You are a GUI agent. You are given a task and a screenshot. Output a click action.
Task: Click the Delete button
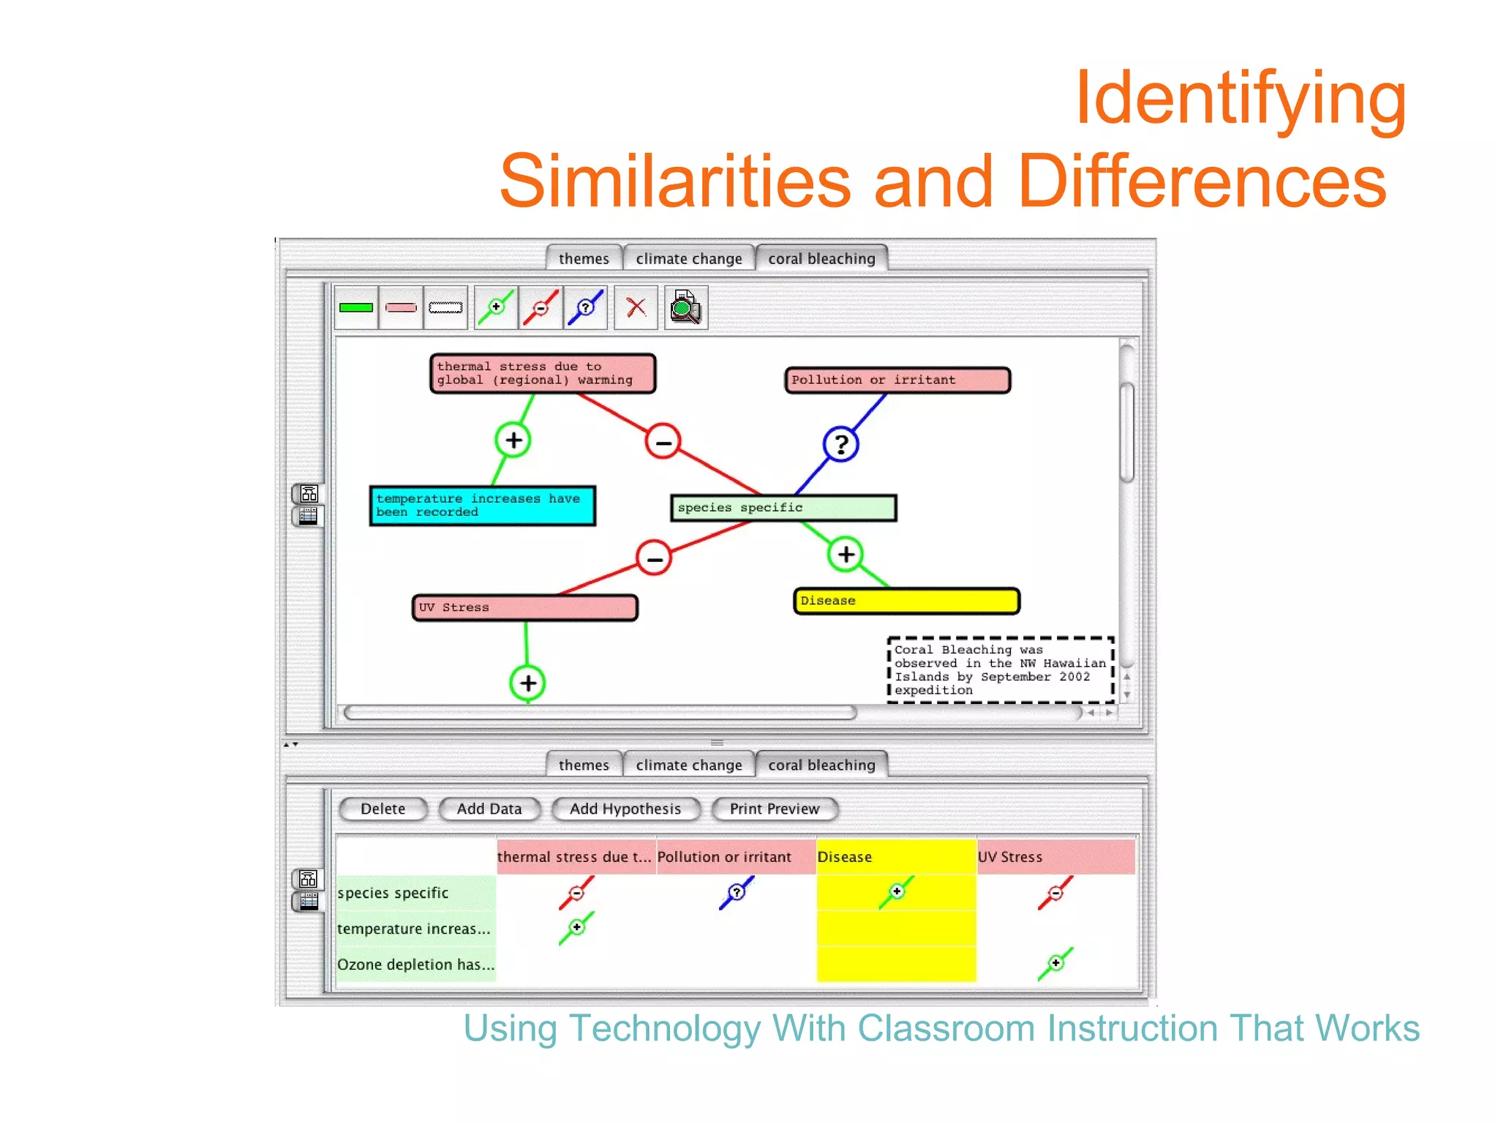383,809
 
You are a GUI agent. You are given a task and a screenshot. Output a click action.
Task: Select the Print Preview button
774,809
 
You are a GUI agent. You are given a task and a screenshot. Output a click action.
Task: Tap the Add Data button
489,809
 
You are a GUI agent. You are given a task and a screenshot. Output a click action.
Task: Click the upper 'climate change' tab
688,258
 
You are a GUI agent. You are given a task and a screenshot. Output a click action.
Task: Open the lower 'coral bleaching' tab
821,765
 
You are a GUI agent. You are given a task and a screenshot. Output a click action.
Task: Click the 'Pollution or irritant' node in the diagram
897,380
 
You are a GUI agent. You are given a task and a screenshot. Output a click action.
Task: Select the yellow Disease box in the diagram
906,601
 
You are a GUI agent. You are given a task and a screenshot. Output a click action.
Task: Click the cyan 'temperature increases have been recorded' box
482,506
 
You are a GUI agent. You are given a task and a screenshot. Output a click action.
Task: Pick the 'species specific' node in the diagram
783,508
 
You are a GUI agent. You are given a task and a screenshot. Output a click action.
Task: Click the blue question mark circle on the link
840,444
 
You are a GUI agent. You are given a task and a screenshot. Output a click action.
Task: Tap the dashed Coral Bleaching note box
999,670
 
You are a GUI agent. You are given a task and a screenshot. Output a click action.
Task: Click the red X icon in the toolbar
636,307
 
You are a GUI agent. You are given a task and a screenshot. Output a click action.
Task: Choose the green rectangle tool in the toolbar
356,307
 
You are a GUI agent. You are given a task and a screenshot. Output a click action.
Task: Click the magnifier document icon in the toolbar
685,307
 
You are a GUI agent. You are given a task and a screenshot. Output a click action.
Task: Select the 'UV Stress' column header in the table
1055,857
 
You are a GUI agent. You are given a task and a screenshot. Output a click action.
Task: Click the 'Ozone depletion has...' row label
415,964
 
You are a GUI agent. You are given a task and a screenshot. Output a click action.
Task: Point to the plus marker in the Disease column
897,891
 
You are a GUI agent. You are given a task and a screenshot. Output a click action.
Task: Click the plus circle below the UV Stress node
527,683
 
